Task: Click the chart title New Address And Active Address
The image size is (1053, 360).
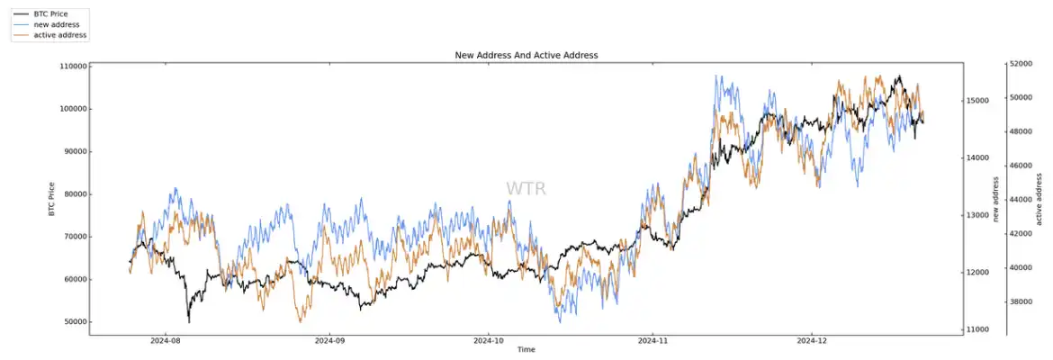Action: point(526,55)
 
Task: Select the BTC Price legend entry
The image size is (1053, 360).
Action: point(50,14)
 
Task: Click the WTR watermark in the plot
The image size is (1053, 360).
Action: point(526,189)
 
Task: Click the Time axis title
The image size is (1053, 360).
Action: point(526,350)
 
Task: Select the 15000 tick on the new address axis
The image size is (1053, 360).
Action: point(980,101)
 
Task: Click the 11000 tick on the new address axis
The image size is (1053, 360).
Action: point(980,330)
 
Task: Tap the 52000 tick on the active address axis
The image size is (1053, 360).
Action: point(1021,64)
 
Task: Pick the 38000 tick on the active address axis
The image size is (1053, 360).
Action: point(1021,301)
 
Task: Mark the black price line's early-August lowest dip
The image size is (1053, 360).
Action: point(188,321)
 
